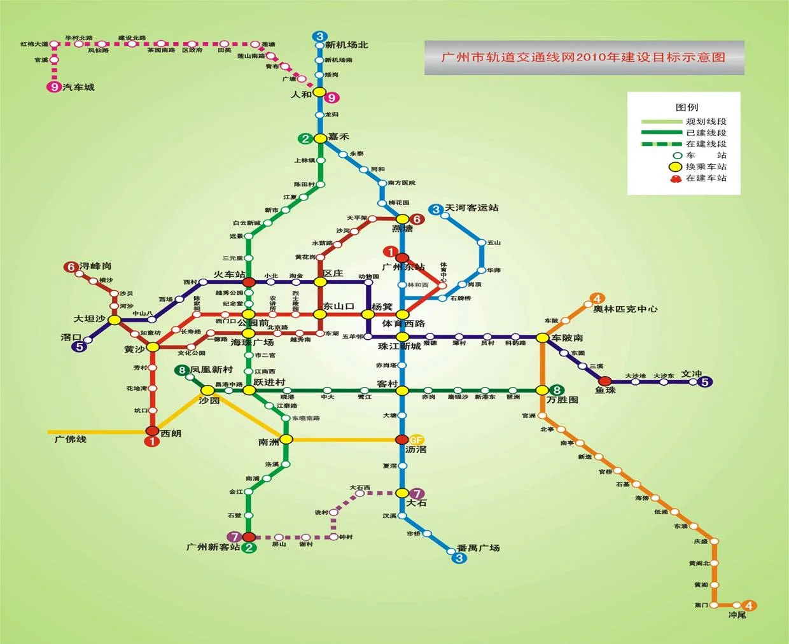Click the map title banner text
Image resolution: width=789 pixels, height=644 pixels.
pos(583,57)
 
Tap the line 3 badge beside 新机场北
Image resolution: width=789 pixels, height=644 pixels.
pos(320,36)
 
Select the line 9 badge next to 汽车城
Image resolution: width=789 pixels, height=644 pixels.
pos(54,87)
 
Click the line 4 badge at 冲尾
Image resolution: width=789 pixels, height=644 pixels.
pos(750,605)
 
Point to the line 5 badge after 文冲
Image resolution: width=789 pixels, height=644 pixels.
pos(705,382)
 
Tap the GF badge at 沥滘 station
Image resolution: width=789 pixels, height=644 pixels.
pos(416,440)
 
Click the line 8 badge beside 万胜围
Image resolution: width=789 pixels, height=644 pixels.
pos(557,390)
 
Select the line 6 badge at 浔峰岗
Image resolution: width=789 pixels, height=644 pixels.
pos(71,267)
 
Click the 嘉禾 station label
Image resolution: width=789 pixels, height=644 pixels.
pos(339,137)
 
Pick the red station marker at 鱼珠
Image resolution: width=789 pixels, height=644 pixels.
pos(604,381)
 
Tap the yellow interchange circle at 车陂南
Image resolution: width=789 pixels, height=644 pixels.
pos(541,338)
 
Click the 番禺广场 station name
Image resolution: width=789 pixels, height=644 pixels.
pos(478,548)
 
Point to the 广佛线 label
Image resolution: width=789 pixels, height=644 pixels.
pos(70,439)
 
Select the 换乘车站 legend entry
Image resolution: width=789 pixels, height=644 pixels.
pos(706,167)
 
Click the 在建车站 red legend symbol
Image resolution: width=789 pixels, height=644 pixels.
pos(676,178)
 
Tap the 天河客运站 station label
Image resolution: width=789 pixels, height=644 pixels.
pos(471,208)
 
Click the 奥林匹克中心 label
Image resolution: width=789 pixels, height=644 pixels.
pos(625,309)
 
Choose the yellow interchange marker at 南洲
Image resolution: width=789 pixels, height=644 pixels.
pos(286,439)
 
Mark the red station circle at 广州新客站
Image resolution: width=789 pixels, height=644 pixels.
pos(249,537)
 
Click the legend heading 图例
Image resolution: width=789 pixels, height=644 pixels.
pos(687,107)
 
